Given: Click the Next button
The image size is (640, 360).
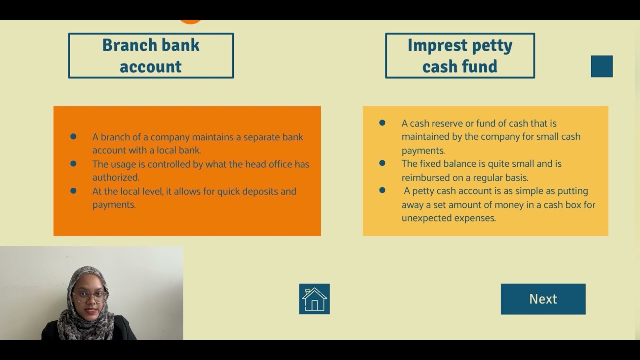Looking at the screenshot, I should [543, 299].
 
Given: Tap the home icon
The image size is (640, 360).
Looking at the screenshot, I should [314, 299].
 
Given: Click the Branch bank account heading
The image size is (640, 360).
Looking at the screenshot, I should [151, 56].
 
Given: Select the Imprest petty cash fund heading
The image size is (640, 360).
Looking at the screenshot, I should [460, 56].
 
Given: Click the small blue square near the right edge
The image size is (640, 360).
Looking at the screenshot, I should [602, 66].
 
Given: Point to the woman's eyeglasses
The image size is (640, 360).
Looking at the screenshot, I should [90, 296].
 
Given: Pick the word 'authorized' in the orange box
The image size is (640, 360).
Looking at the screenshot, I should [115, 177].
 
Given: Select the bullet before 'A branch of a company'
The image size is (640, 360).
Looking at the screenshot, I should [73, 136].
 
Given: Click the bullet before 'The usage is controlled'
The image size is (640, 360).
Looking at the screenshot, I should [73, 163].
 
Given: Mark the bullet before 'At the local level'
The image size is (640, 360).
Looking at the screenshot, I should [73, 191].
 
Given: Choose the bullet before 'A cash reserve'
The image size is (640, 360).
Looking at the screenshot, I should [382, 123].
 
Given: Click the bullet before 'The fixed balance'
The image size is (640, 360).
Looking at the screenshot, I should [382, 163].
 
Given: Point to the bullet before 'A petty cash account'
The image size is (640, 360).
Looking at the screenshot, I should [382, 190].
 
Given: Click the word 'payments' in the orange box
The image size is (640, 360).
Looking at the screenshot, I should [113, 205].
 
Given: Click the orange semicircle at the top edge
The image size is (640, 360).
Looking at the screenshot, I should [190, 21].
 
